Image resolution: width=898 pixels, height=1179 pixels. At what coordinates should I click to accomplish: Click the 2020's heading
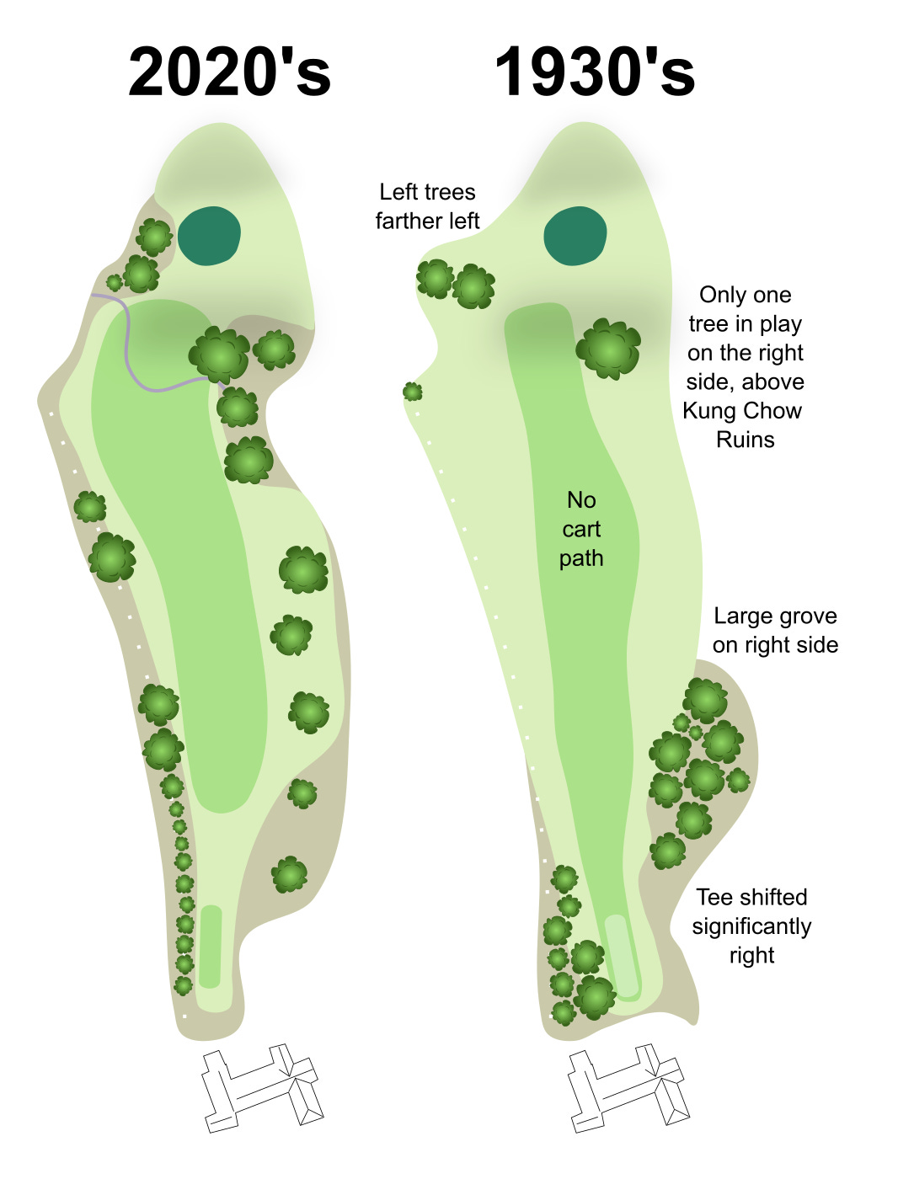coord(229,72)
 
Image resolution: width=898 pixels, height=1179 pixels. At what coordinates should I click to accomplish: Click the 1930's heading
coord(595,72)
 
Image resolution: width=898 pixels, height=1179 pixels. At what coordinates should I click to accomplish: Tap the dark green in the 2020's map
coord(209,236)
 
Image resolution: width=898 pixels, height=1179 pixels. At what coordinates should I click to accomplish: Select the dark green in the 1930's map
coord(575,236)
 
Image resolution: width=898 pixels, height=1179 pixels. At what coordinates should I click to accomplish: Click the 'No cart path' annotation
coord(581,529)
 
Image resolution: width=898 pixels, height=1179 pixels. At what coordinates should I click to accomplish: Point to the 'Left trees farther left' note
coord(427,206)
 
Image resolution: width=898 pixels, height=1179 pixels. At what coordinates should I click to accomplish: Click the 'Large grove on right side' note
coord(775,630)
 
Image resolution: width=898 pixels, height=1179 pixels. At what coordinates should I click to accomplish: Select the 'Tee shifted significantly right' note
coord(751,926)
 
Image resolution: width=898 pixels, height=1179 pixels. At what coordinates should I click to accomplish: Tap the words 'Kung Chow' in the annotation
coord(742,411)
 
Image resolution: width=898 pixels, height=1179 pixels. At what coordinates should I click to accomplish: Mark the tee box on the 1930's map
coord(622,956)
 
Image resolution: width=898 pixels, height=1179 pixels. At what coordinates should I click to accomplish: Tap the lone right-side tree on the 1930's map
coord(608,348)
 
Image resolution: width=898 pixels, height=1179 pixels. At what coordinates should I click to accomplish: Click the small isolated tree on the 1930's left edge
coord(412,392)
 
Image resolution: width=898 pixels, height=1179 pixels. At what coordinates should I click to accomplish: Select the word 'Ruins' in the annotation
coord(746,440)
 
